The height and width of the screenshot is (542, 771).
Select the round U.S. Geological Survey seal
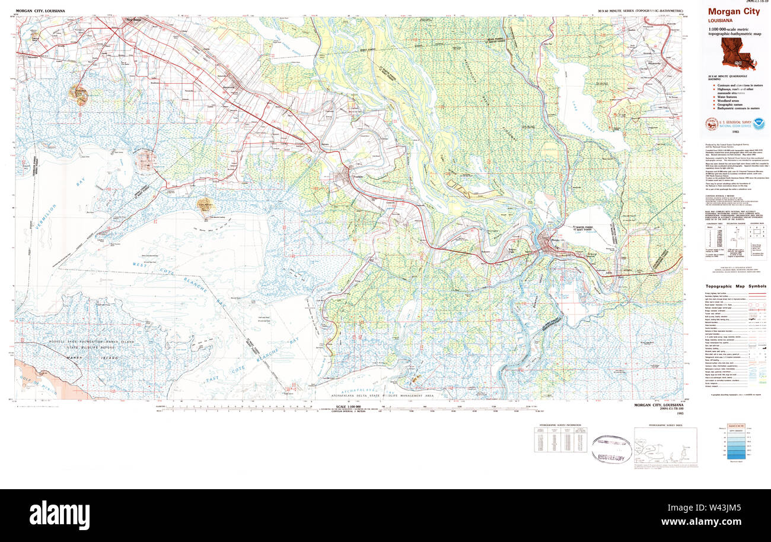tap(710, 124)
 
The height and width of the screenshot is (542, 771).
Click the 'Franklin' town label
tap(358, 177)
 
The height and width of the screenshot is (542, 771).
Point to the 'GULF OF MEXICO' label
tap(33, 379)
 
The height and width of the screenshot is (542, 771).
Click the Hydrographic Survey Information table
tap(560, 440)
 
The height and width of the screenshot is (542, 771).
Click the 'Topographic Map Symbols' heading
tap(735, 286)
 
